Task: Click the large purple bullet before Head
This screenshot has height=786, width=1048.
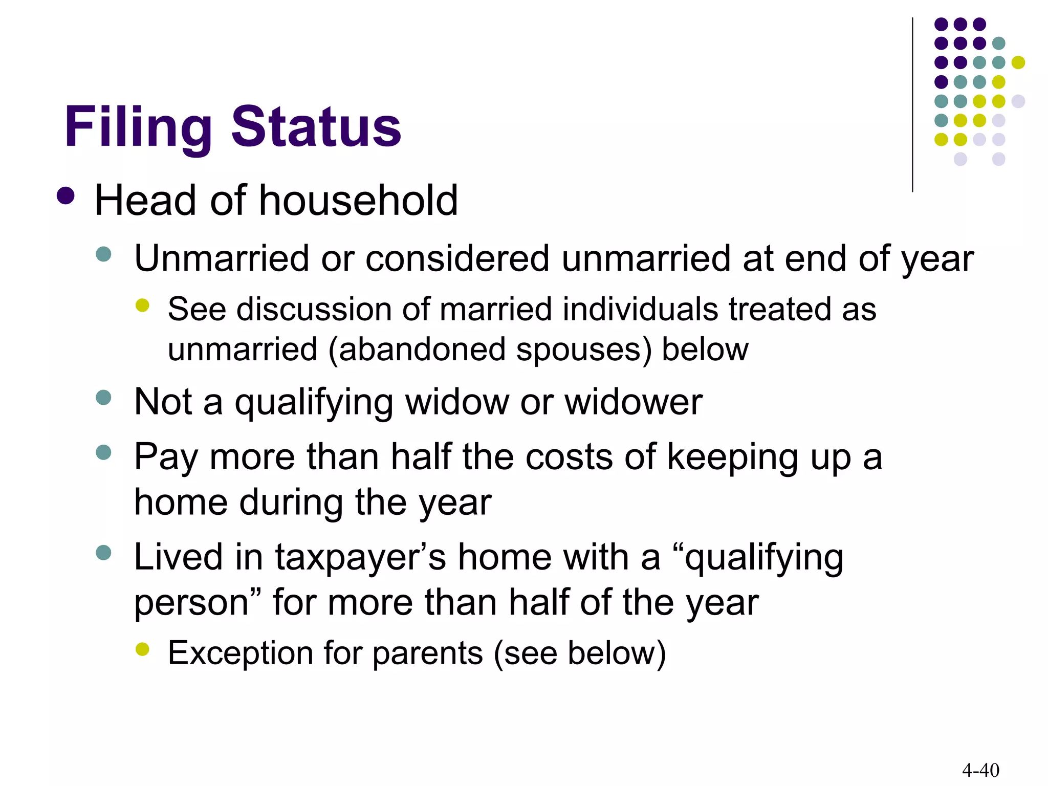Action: point(65,195)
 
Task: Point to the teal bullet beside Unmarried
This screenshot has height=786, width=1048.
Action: point(103,254)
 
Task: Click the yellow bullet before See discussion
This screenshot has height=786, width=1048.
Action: point(142,305)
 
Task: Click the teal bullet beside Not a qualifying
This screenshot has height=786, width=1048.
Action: point(103,397)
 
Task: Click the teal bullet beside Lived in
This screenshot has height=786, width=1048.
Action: point(103,553)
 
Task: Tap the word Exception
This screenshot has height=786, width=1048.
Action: point(241,653)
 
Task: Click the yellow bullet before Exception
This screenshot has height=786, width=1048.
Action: point(142,649)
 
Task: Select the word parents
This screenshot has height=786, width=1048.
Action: point(428,654)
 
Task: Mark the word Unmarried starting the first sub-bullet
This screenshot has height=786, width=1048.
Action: point(221,258)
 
